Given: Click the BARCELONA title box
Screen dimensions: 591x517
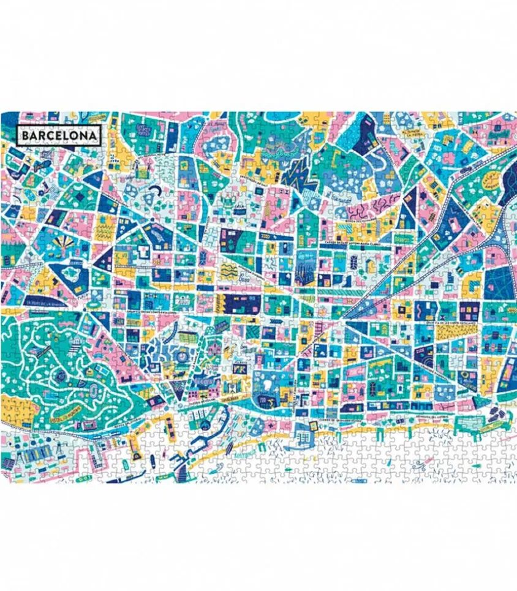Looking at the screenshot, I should point(59,134).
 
